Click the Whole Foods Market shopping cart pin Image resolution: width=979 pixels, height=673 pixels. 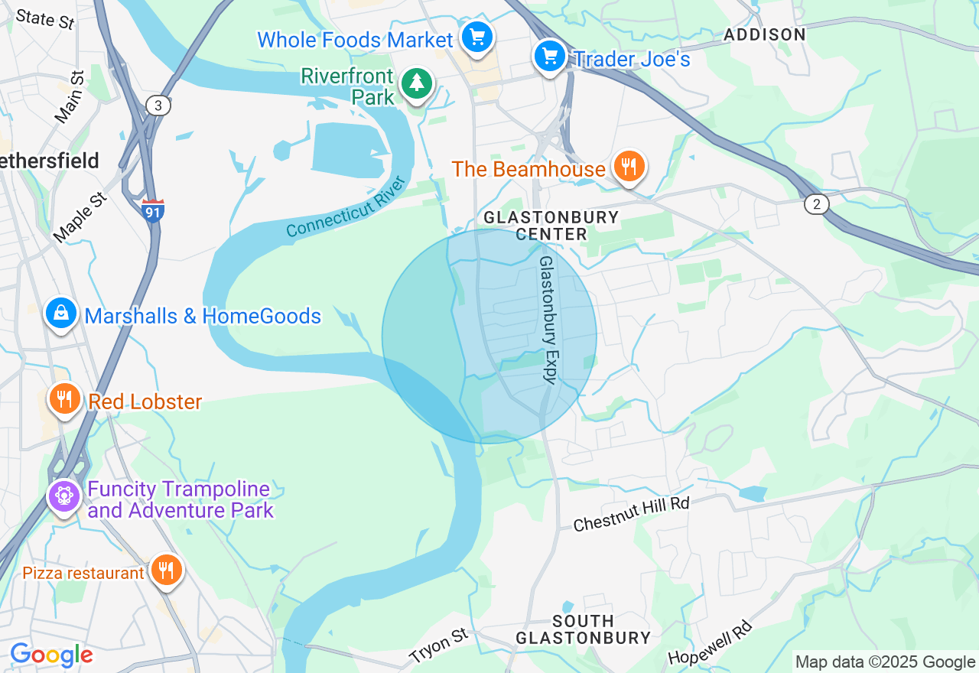pos(477,37)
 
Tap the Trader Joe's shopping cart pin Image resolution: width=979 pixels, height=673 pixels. pos(549,56)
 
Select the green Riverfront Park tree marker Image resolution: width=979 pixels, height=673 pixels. pos(416,83)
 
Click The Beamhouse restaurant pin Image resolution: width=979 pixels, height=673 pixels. pos(628,166)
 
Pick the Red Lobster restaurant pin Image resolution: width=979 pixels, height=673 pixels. pos(65,398)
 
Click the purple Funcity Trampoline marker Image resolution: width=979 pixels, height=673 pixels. pos(64,496)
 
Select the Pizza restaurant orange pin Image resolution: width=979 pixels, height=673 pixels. pos(164,570)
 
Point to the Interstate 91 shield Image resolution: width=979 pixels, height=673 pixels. pos(153,210)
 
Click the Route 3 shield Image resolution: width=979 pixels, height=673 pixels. pos(158,106)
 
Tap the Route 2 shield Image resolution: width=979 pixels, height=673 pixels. pos(817,204)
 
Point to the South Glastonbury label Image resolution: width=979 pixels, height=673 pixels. pos(583,629)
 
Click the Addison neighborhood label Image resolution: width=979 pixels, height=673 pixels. pos(764,35)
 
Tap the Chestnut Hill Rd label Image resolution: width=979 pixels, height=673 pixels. pos(631,514)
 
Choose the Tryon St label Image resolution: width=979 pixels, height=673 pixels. pos(438,646)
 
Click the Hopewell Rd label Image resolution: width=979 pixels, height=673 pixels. pos(711,642)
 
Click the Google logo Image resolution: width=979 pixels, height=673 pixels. pos(51,655)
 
